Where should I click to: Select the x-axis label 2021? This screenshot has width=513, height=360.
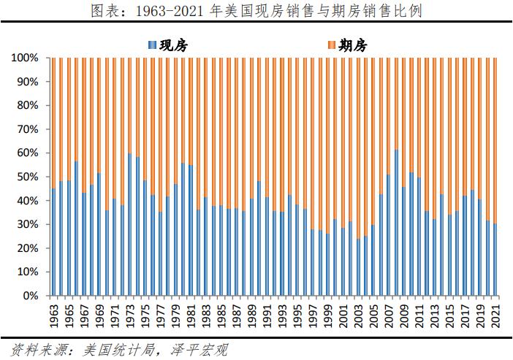click(496, 315)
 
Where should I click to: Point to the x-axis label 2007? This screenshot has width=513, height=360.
click(389, 315)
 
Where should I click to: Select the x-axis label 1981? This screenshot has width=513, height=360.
click(191, 315)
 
